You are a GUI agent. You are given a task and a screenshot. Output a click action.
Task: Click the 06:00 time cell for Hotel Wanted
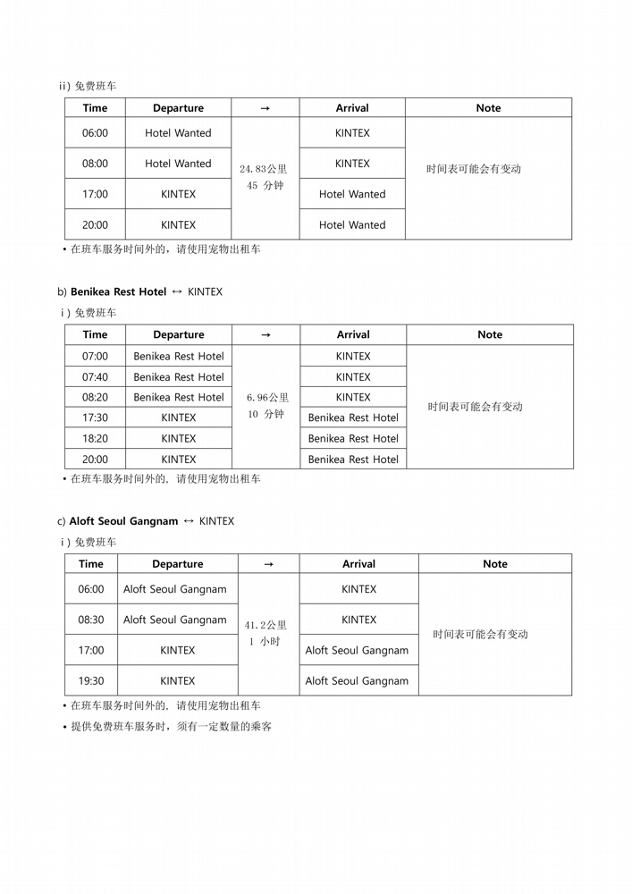tap(95, 133)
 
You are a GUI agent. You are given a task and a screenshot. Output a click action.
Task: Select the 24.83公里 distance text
tap(265, 169)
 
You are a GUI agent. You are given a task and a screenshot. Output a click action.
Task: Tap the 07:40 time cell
tap(95, 377)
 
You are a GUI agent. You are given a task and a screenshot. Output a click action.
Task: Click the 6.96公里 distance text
tap(265, 398)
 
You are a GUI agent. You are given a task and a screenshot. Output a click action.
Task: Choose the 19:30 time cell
tap(91, 681)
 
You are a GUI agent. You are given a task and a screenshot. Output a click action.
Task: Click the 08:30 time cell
tap(91, 620)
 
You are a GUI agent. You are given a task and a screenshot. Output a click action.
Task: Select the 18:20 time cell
tap(95, 439)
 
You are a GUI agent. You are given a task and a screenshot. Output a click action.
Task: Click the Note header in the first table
tap(488, 108)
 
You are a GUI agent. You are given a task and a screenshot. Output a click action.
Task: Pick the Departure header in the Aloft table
tap(178, 564)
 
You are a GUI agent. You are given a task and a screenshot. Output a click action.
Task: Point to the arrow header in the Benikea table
tap(265, 335)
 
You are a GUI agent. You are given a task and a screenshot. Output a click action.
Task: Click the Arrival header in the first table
tap(352, 108)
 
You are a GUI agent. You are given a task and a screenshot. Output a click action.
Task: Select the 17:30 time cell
tap(95, 417)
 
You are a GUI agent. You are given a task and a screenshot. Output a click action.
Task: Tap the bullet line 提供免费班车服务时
tap(171, 727)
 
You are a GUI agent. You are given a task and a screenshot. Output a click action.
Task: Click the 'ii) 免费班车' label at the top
tap(87, 87)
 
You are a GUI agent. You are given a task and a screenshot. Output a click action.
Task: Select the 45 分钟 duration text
tap(265, 186)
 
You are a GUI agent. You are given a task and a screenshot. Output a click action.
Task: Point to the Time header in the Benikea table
tap(95, 335)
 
